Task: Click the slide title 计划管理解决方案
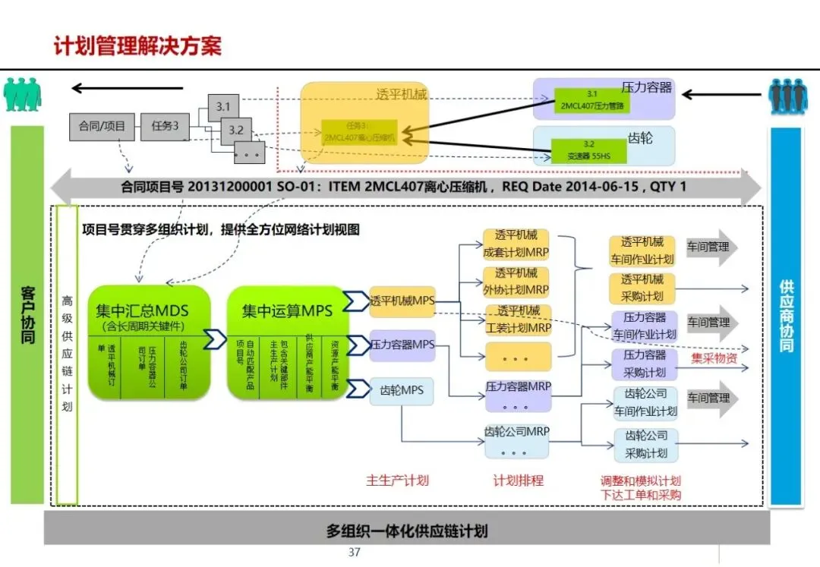pos(137,46)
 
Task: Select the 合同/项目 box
pos(102,126)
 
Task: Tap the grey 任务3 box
pos(164,126)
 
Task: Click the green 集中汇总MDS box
pos(148,342)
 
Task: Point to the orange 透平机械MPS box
pos(402,301)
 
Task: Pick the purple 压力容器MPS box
pos(402,345)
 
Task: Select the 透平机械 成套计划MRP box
pos(517,244)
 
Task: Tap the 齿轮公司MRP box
pos(517,439)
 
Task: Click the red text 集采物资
pos(714,358)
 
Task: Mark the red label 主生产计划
pos(397,480)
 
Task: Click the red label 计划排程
pos(518,480)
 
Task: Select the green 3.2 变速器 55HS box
pos(589,151)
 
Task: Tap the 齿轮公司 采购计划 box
pos(646,445)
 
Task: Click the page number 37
pos(354,552)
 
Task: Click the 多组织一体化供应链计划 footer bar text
pos(407,531)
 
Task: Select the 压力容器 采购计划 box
pos(645,364)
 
